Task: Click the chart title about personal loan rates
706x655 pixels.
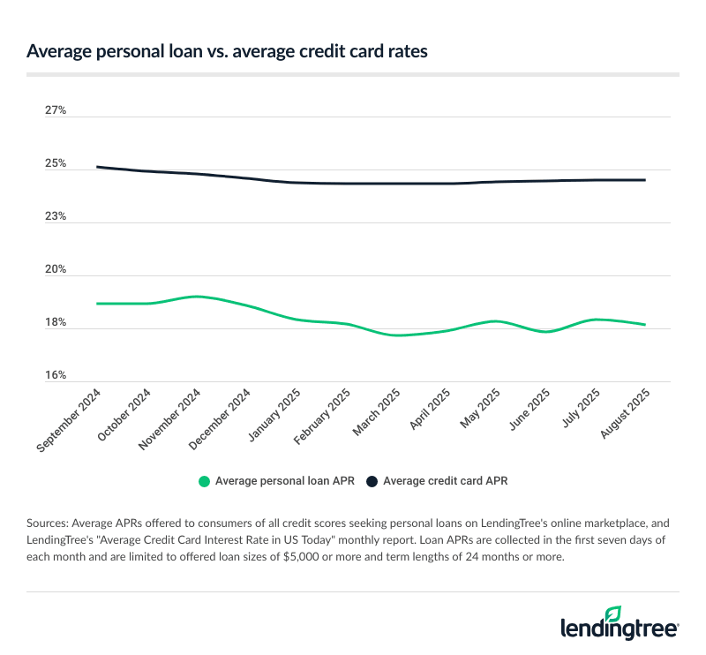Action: pos(227,52)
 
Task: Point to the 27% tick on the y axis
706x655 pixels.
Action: pos(56,110)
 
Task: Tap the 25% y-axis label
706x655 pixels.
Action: pos(56,164)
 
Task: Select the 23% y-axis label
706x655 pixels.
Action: pos(56,217)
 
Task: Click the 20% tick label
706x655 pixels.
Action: pos(56,270)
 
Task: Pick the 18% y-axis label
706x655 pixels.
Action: pos(56,323)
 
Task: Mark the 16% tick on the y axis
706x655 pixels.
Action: pos(56,376)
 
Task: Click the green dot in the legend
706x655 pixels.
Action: pos(205,481)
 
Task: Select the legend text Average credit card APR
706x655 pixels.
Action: pos(445,481)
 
